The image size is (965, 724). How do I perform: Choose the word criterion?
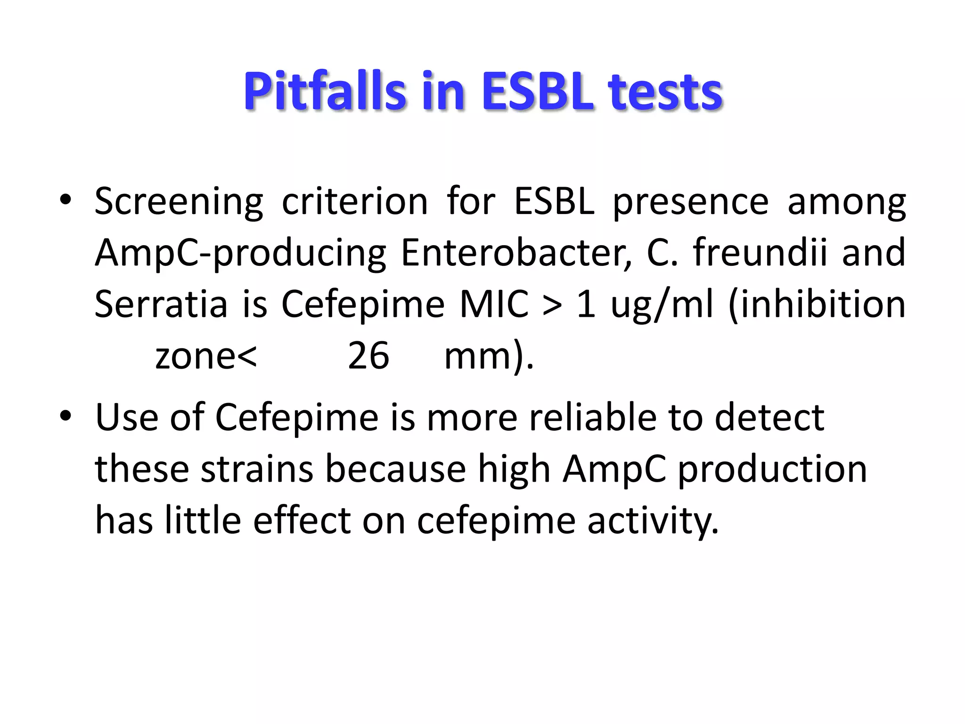355,202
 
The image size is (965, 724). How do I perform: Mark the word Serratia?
161,304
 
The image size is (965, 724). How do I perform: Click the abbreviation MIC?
493,304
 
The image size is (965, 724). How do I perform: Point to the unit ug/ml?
662,305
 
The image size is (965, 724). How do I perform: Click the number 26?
368,356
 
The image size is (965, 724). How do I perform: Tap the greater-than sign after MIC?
552,305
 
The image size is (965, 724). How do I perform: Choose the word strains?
257,469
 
